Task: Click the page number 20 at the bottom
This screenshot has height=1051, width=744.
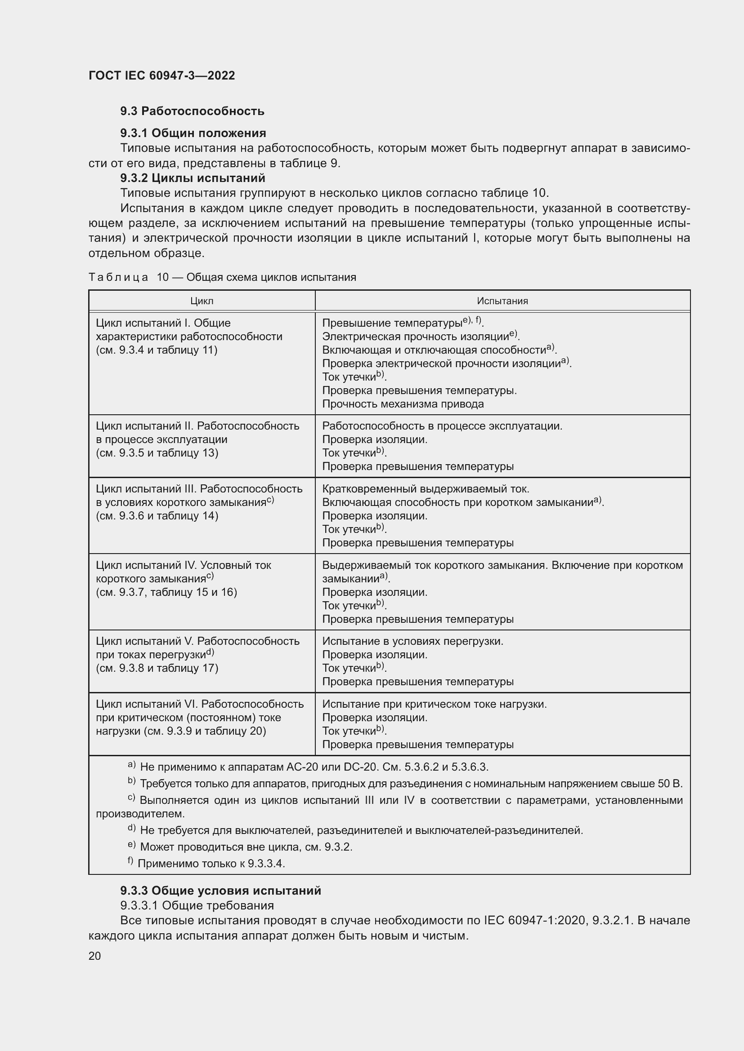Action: pyautogui.click(x=94, y=956)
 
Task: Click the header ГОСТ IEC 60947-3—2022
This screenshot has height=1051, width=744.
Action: pyautogui.click(x=161, y=75)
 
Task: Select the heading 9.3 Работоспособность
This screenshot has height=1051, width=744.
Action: pyautogui.click(x=193, y=111)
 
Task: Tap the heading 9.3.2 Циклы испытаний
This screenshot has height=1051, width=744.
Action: pyautogui.click(x=193, y=177)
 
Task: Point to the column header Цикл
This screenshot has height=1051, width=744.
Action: pyautogui.click(x=202, y=301)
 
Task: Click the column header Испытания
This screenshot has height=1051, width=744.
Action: pyautogui.click(x=502, y=301)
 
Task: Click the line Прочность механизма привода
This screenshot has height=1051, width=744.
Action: pyautogui.click(x=403, y=404)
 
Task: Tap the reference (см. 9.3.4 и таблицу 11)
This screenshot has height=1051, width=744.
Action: pyautogui.click(x=157, y=350)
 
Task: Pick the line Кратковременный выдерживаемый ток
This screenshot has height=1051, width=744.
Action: pyautogui.click(x=426, y=489)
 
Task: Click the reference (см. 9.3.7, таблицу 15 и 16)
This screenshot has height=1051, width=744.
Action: pyautogui.click(x=166, y=592)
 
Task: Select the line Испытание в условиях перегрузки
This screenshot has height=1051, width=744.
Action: pyautogui.click(x=412, y=641)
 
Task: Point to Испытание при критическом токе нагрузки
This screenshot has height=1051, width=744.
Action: pyautogui.click(x=435, y=704)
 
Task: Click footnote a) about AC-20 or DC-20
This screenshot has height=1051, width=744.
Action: pyautogui.click(x=314, y=767)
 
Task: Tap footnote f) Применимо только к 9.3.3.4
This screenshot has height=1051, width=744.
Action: pyautogui.click(x=211, y=864)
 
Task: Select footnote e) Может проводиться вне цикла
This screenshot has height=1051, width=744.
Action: pyautogui.click(x=246, y=847)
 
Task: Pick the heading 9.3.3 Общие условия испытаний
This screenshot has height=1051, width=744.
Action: pyautogui.click(x=220, y=890)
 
